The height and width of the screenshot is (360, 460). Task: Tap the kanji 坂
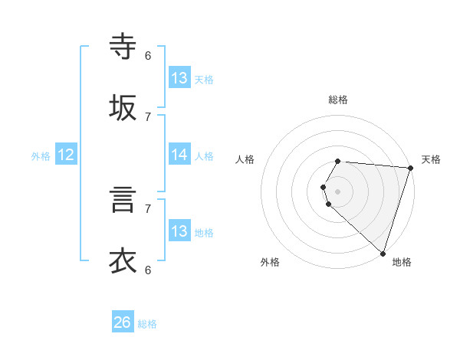(123, 108)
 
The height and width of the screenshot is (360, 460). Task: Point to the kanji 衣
(123, 261)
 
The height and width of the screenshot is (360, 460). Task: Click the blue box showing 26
(123, 322)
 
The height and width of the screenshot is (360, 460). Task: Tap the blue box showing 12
(66, 155)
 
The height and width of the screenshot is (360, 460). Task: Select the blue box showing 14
(179, 155)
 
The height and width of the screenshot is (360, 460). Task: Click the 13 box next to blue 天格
(179, 78)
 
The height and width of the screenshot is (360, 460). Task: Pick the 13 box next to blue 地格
(179, 231)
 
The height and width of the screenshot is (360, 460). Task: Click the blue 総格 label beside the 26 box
(147, 324)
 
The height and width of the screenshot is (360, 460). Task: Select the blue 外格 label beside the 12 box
(41, 156)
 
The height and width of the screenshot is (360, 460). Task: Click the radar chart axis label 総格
(338, 100)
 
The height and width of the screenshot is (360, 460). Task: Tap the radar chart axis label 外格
(270, 262)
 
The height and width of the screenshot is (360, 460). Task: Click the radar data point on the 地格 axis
(383, 253)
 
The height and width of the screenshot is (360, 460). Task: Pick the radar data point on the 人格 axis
(323, 187)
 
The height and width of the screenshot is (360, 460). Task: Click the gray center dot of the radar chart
(338, 191)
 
